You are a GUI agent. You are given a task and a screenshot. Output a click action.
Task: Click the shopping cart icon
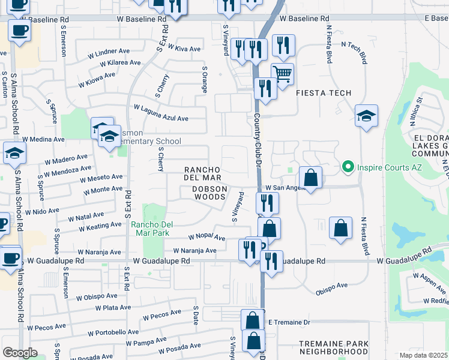point(282,74)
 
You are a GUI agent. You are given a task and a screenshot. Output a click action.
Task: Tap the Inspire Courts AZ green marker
point(346,166)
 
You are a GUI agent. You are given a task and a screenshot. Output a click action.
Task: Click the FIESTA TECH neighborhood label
point(323,93)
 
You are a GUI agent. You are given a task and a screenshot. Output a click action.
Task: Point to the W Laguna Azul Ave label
point(161,113)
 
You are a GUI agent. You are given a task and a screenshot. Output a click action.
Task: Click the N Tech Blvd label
point(354,53)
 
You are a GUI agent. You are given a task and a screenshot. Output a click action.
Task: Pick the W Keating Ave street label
point(100,226)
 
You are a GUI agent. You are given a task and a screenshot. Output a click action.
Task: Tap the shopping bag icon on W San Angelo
point(310,178)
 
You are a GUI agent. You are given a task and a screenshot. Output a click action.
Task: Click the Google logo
point(20,353)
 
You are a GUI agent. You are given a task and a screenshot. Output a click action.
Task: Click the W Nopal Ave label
point(206,238)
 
